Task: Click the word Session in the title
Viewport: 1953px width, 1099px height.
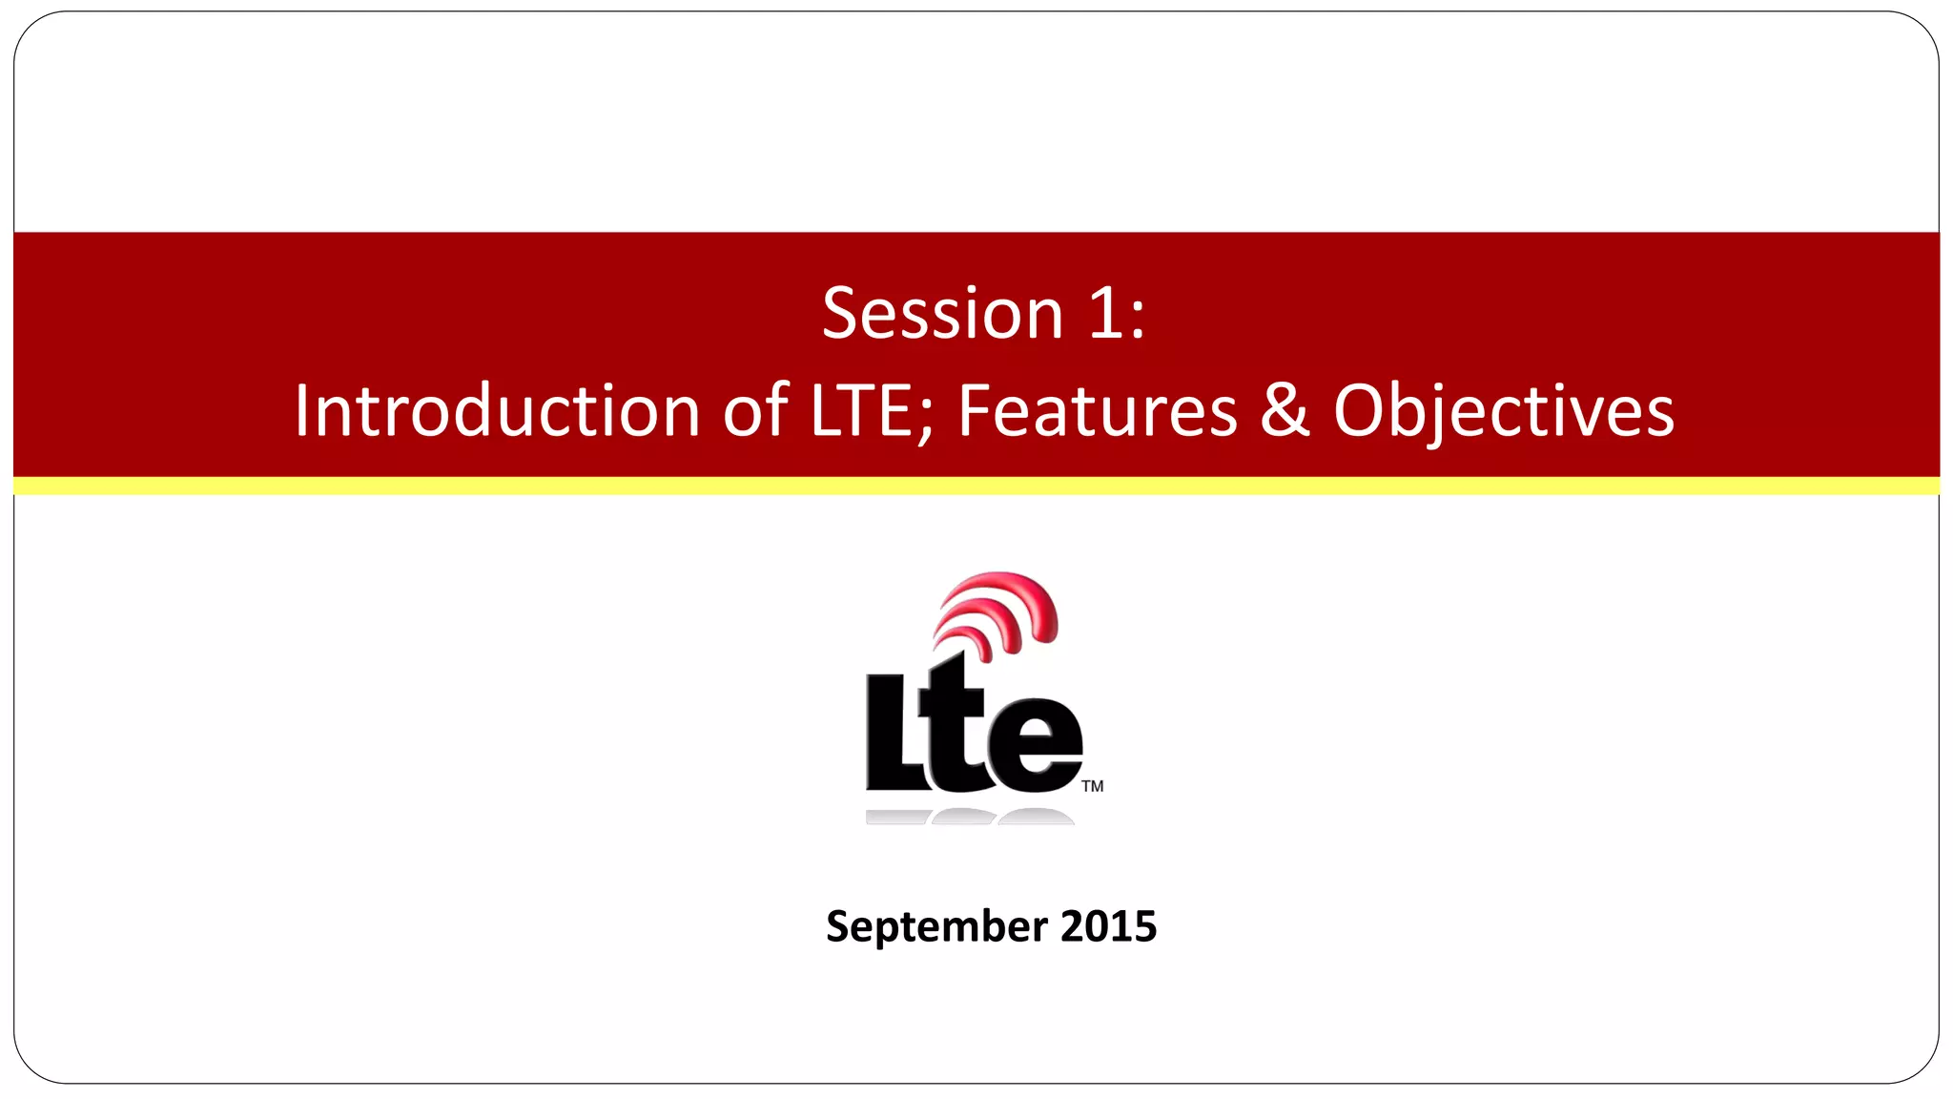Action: point(942,314)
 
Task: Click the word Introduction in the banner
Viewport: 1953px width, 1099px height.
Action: point(497,411)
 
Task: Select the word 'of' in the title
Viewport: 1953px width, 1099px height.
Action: point(755,411)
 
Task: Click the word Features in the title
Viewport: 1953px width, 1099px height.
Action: point(1097,411)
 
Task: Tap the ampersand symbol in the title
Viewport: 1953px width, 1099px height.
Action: point(1285,411)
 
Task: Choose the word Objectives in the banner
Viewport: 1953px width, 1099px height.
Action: point(1503,411)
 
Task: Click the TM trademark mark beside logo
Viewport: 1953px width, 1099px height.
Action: point(1093,786)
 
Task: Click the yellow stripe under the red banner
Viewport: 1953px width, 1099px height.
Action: point(976,487)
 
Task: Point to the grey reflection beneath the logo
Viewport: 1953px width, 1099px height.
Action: point(968,817)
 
